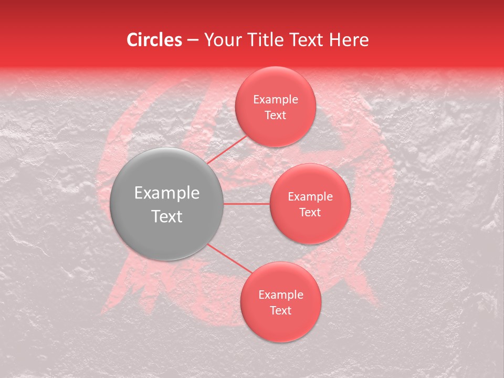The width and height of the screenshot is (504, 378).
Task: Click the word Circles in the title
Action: click(x=154, y=40)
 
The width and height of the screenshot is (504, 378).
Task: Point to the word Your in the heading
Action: click(x=220, y=40)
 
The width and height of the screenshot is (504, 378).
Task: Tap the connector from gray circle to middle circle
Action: click(x=247, y=204)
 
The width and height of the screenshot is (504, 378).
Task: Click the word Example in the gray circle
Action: click(x=167, y=193)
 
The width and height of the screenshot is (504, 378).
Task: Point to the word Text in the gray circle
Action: click(x=167, y=216)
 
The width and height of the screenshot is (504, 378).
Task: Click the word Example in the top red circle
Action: click(x=275, y=100)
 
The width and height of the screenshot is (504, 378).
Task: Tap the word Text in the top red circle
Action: click(x=275, y=115)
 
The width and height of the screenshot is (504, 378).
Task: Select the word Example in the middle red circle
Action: click(x=310, y=197)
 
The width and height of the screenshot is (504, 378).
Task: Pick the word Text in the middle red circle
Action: click(x=310, y=212)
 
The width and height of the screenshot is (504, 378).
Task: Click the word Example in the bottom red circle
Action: click(x=280, y=295)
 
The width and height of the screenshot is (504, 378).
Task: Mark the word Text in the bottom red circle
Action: click(x=280, y=310)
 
